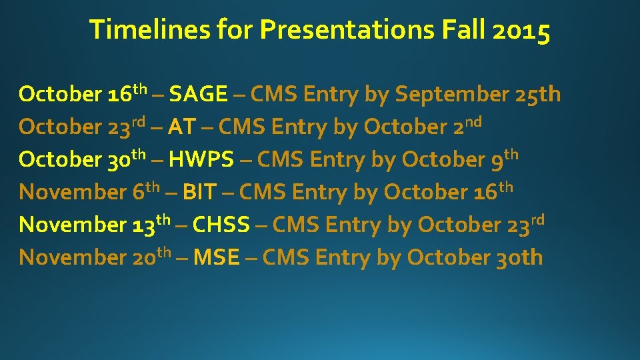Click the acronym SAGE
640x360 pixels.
coord(198,95)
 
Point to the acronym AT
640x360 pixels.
coord(181,127)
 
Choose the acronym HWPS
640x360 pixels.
coord(201,159)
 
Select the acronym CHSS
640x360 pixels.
coord(221,225)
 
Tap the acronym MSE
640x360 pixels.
coord(216,257)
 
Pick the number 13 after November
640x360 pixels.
coord(143,225)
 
